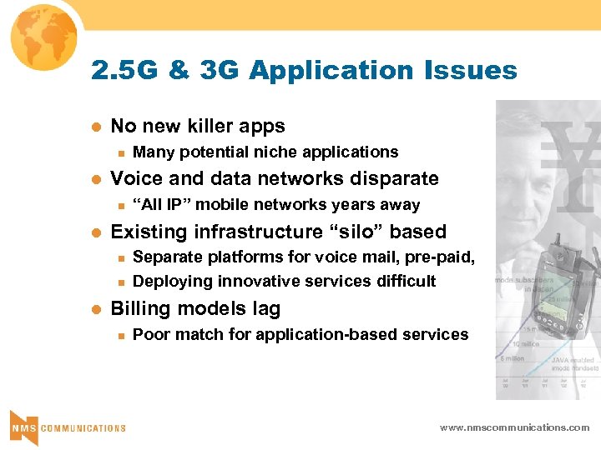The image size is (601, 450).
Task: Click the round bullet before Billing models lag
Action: tap(95, 308)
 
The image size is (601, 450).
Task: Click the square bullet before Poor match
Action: tap(120, 335)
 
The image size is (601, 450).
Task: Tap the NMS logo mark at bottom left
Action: tap(23, 427)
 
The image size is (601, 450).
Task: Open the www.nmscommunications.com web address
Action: tap(514, 427)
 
